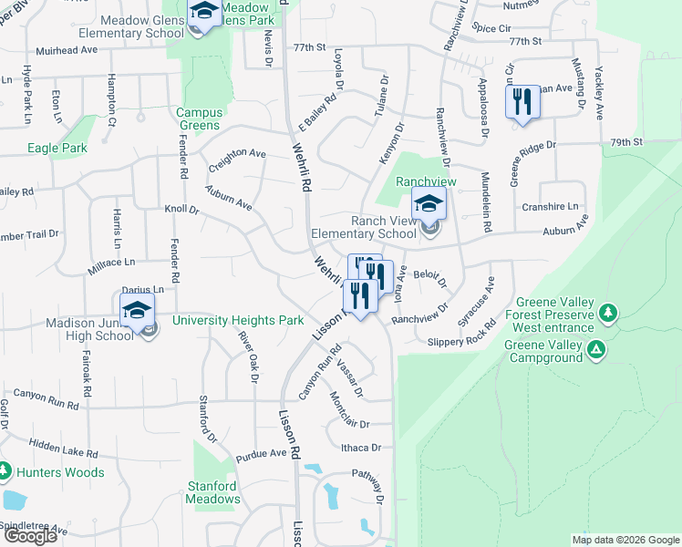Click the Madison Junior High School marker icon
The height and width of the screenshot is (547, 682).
point(137,311)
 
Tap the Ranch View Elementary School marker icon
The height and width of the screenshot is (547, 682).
point(429,204)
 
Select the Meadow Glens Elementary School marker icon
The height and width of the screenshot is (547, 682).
point(204,13)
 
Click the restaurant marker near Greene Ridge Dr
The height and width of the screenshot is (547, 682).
point(522,101)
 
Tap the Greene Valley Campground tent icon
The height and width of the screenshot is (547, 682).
point(596,348)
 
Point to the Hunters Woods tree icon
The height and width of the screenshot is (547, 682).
point(5,472)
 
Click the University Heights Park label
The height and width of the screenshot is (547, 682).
point(238,321)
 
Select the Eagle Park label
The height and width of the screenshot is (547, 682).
point(57,148)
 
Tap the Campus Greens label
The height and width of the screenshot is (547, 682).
point(198,119)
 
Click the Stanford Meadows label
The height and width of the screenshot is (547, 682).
point(213,492)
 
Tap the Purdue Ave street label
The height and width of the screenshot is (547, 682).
point(261,454)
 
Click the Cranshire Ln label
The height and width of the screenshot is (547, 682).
point(550,207)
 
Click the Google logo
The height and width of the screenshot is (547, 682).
point(30,536)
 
